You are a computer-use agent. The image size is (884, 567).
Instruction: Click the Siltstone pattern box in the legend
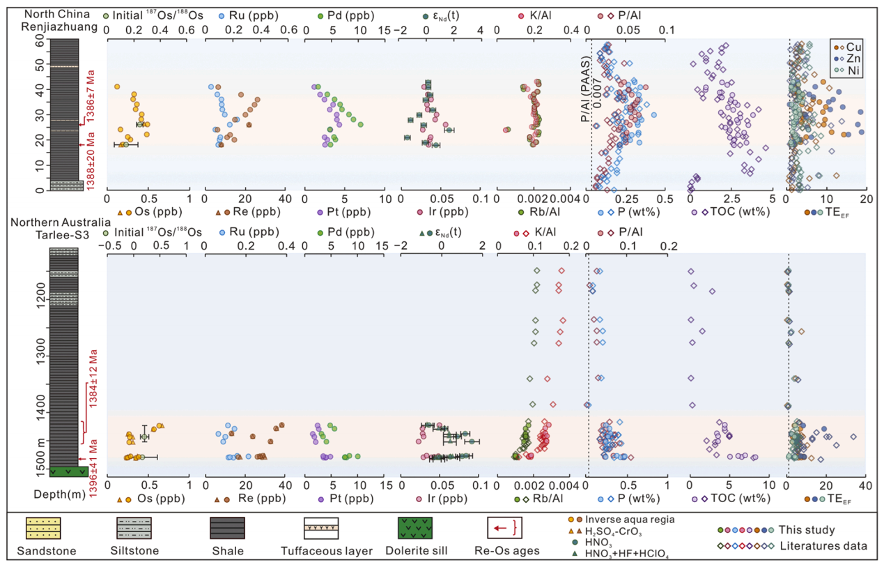click(134, 529)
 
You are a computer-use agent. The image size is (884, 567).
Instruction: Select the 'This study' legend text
click(826, 530)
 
